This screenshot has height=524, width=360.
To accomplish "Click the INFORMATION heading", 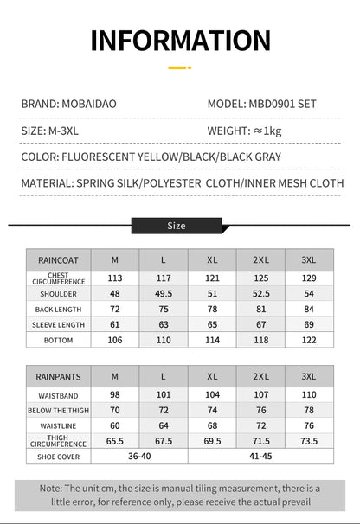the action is pyautogui.click(x=180, y=41).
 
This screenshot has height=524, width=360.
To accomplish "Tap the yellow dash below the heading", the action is pyautogui.click(x=179, y=67).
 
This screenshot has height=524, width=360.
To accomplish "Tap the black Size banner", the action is pyautogui.click(x=177, y=226).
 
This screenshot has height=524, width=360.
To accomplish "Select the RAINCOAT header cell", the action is pyautogui.click(x=59, y=259).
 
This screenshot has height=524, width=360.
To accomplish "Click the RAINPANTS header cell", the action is pyautogui.click(x=59, y=376).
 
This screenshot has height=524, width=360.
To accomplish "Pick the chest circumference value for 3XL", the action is pyautogui.click(x=309, y=278).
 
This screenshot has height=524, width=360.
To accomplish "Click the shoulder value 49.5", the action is pyautogui.click(x=164, y=293).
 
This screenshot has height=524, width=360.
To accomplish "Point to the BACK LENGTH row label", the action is pyautogui.click(x=59, y=309).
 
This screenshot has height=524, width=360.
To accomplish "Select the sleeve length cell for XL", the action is pyautogui.click(x=212, y=324).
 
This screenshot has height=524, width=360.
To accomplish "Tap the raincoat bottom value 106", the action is pyautogui.click(x=115, y=340).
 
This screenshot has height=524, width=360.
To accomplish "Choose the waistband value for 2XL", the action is pyautogui.click(x=260, y=394).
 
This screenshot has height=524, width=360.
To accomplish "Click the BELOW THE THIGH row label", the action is pyautogui.click(x=59, y=410).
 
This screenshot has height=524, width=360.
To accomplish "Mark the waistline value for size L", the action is pyautogui.click(x=164, y=425).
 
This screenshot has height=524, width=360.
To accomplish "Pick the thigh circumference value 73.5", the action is pyautogui.click(x=309, y=441).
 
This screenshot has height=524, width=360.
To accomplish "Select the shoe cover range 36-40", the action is pyautogui.click(x=139, y=457).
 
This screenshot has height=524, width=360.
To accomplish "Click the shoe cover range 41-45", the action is pyautogui.click(x=260, y=457).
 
